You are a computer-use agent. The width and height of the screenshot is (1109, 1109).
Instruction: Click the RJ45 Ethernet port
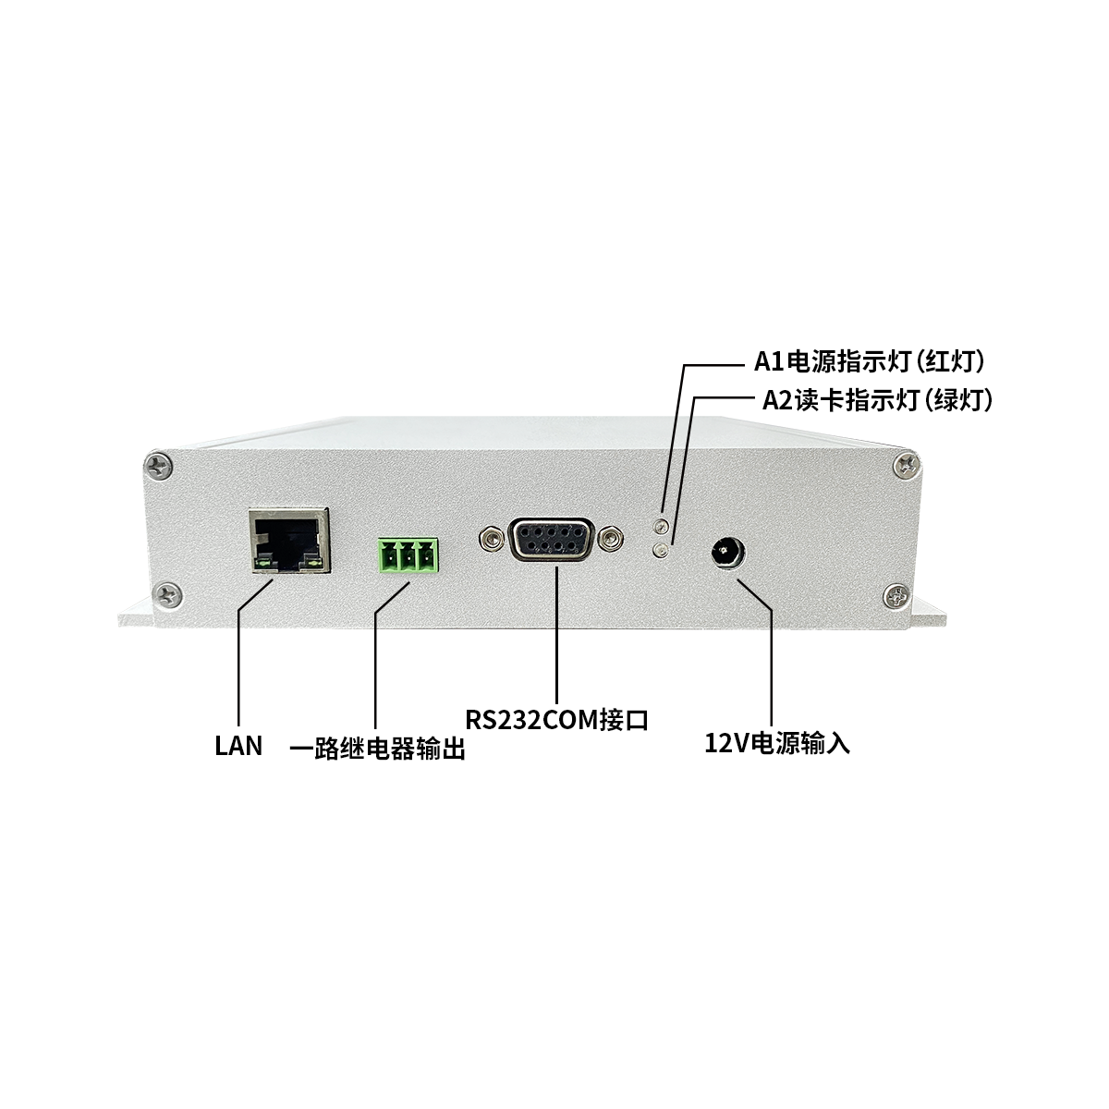point(289,540)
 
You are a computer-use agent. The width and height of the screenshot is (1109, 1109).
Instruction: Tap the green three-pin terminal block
point(408,555)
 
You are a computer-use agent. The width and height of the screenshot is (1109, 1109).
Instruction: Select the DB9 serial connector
point(551,539)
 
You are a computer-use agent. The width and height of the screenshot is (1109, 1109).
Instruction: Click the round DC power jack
point(728,553)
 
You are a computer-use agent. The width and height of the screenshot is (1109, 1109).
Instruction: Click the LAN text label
point(238,746)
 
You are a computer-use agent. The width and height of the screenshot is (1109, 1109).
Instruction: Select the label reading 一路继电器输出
point(378,749)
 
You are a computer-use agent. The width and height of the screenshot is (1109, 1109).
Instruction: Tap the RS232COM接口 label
point(556,720)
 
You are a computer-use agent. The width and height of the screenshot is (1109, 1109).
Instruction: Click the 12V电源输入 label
point(777,743)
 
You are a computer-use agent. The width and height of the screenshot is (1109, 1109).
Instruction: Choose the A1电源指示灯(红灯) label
point(870,361)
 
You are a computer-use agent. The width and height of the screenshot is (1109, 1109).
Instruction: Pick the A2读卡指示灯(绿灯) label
point(877,400)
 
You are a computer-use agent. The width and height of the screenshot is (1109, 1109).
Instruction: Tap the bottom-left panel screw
point(169,595)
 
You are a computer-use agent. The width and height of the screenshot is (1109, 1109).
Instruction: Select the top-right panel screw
point(907,465)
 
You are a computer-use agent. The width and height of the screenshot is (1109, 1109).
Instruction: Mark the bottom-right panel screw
point(896,596)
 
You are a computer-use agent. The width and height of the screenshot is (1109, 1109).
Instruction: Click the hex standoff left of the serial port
point(490,539)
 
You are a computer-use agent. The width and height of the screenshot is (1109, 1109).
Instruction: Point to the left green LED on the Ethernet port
point(262,564)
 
